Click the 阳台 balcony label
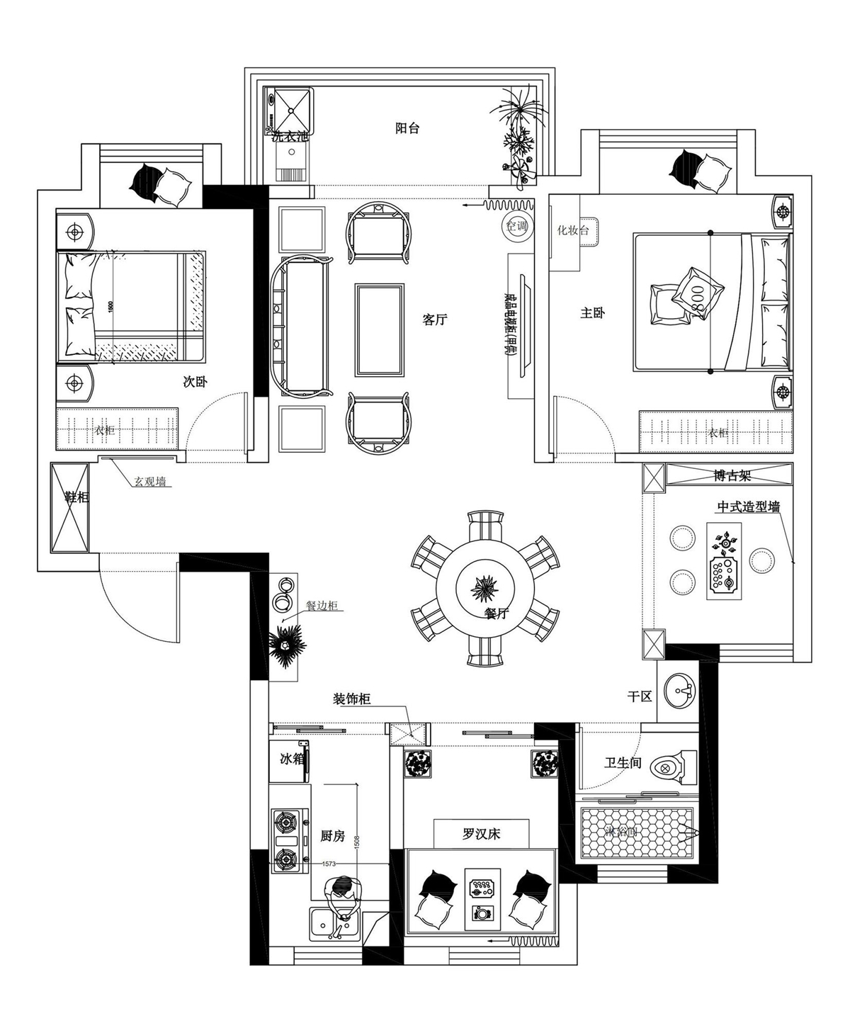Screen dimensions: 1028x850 [407, 128]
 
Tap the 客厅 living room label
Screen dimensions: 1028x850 [435, 320]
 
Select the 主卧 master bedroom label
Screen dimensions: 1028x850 [592, 312]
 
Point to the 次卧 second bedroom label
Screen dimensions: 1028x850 [195, 382]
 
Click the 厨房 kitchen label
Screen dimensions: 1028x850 [332, 836]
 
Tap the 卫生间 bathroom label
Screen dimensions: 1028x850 [623, 763]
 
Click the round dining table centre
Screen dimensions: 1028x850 [485, 587]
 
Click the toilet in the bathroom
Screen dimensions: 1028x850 [670, 766]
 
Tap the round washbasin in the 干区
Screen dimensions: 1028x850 [680, 689]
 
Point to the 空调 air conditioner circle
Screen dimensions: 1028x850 [516, 227]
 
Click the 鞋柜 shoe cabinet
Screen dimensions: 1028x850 [69, 507]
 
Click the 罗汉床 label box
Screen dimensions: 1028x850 [482, 834]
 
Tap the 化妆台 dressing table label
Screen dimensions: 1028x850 [573, 230]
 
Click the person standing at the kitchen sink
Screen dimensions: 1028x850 [342, 895]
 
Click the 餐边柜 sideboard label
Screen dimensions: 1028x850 [322, 606]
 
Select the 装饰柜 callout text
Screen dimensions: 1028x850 [352, 700]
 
